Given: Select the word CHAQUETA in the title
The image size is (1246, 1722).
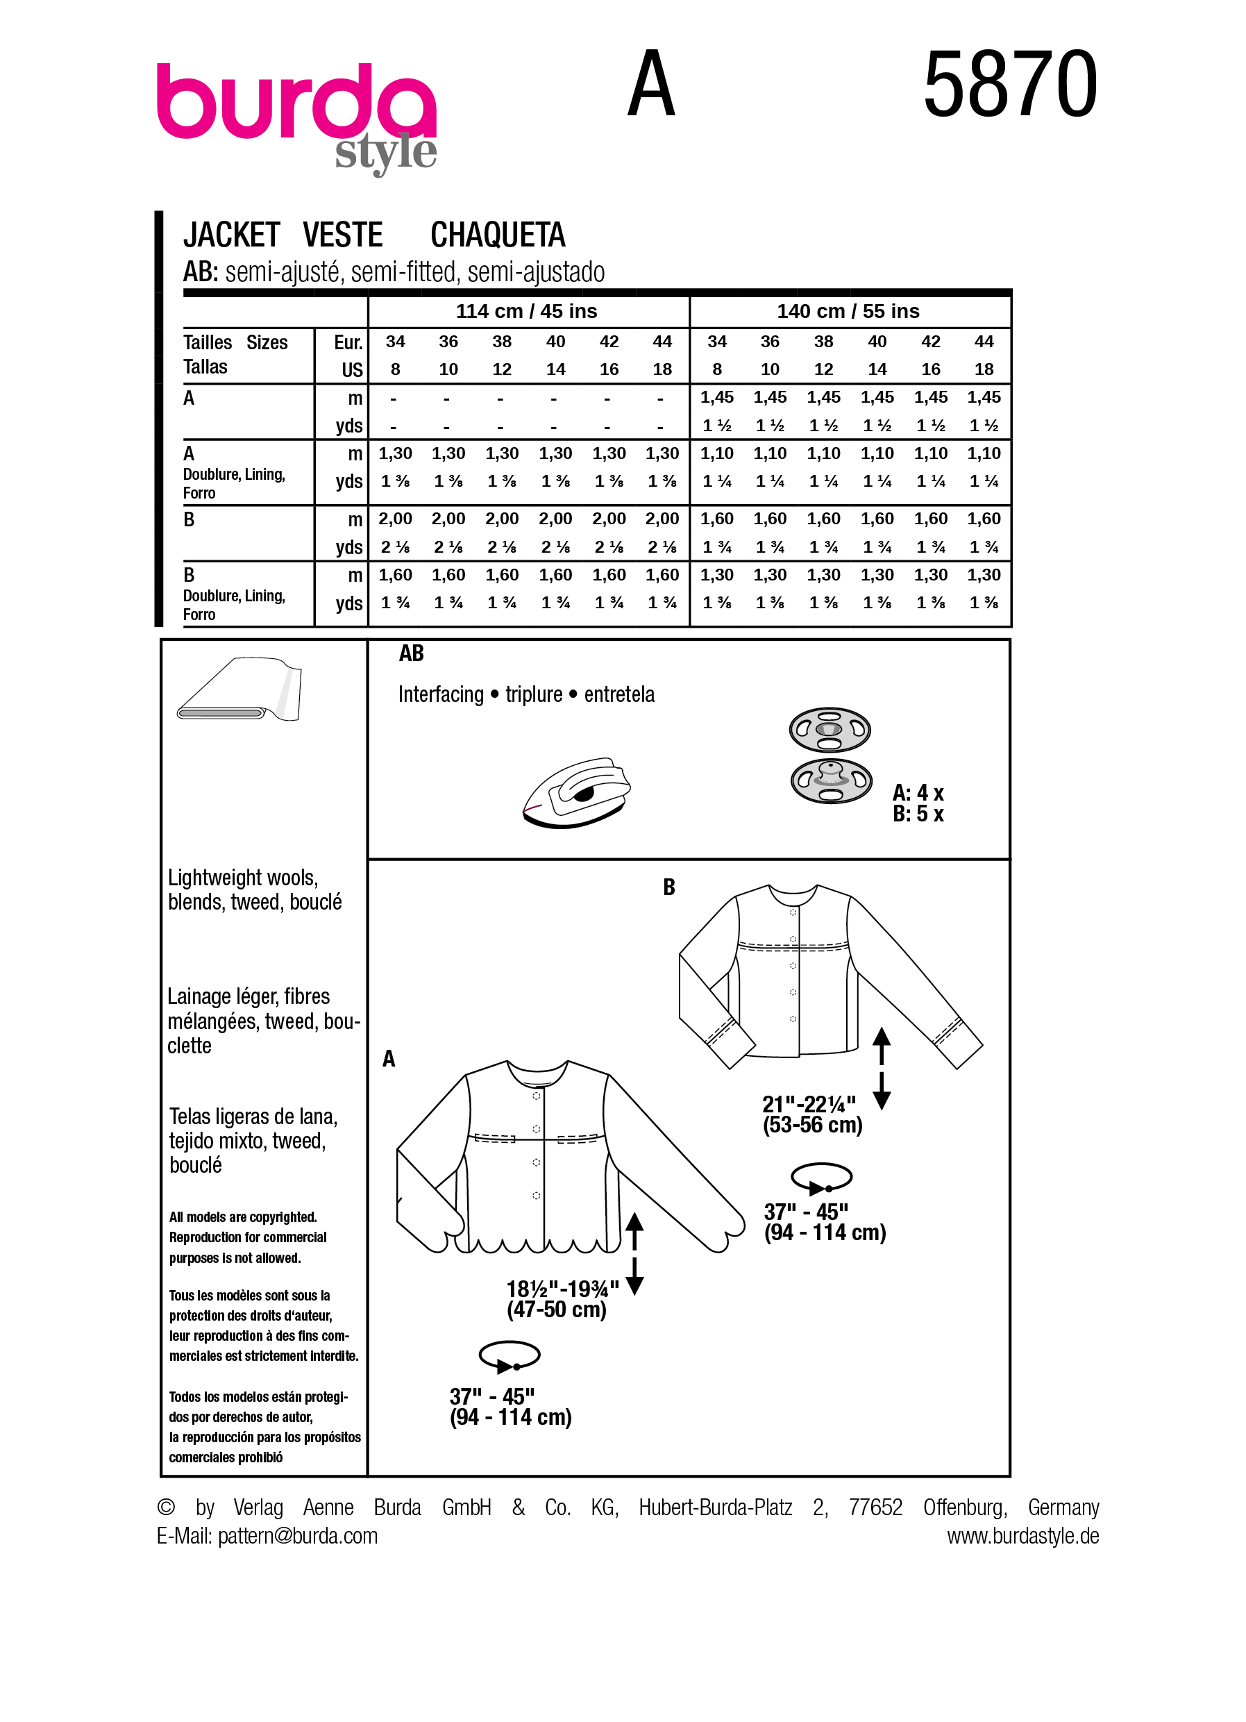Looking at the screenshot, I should pos(498,235).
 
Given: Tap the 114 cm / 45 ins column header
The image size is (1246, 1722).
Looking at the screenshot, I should pos(527,311).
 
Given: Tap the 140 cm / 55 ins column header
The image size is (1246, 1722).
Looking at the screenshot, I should pos(848,311).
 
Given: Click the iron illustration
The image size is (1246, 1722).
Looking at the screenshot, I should pos(577,792).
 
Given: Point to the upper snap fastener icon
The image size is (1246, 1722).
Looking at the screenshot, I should pos(830,730).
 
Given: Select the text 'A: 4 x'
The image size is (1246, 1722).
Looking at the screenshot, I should pos(918,794).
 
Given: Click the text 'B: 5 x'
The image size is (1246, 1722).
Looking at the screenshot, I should pos(918,814).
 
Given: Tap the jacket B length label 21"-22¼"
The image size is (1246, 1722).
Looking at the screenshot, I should pos(809,1104).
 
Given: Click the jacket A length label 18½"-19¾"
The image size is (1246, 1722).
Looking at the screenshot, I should pos(562,1289).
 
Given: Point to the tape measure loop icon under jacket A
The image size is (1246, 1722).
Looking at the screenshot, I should pos(510,1356).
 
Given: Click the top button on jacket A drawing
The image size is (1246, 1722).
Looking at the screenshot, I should pos(537,1096).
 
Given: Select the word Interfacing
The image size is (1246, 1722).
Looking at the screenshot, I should pos(441,695).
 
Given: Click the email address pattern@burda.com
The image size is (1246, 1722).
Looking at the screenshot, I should pos(298,1536).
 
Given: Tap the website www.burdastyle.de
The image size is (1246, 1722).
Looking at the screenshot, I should pos(1022,1536).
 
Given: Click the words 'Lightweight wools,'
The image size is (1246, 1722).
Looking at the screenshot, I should pos(243,878).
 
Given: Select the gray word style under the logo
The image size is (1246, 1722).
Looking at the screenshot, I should pos(385,153).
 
